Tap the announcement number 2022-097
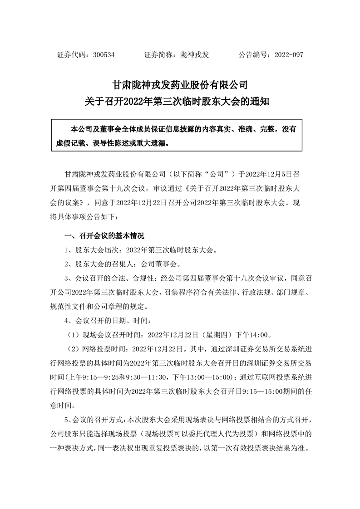pos(287,54)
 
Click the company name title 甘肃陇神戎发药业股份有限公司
pos(180,85)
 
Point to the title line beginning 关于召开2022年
pos(180,101)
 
